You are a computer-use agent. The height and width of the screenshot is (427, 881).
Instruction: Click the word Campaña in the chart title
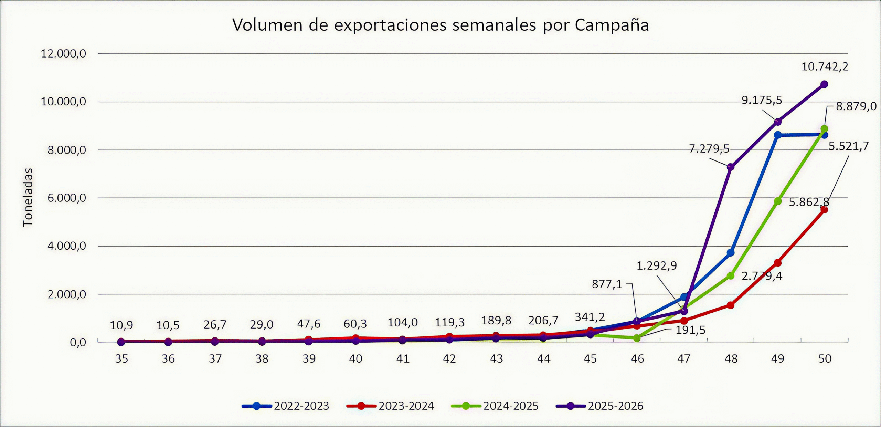click(x=612, y=25)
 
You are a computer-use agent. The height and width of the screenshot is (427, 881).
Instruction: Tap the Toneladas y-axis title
click(x=28, y=197)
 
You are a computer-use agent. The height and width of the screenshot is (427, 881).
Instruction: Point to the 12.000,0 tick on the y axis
click(x=63, y=54)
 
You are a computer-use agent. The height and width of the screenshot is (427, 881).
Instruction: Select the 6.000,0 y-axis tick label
click(x=67, y=198)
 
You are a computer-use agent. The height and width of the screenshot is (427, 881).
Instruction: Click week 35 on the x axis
click(x=121, y=359)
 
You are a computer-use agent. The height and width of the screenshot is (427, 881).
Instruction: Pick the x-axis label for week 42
click(x=449, y=359)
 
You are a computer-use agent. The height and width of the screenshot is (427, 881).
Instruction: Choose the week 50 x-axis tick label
click(x=825, y=359)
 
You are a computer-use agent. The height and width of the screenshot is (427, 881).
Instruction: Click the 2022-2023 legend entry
click(x=286, y=406)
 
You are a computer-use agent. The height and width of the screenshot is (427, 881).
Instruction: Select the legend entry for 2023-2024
click(x=390, y=406)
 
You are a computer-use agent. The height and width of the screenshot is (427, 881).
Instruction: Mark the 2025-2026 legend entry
click(x=599, y=406)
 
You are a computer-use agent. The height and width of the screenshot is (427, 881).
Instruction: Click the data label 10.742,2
click(x=825, y=66)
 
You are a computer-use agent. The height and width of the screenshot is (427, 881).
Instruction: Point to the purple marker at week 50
click(x=824, y=84)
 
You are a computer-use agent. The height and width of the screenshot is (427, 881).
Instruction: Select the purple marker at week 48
click(x=731, y=167)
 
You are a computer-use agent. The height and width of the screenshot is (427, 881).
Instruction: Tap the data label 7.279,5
click(x=709, y=149)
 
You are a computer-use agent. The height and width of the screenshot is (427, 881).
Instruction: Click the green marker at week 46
click(x=637, y=338)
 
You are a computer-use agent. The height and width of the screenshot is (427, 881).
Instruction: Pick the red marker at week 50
click(x=824, y=210)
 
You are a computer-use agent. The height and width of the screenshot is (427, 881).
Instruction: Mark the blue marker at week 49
click(x=777, y=135)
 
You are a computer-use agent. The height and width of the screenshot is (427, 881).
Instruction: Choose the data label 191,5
click(x=690, y=330)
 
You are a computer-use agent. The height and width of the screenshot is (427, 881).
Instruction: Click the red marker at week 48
click(x=731, y=305)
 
